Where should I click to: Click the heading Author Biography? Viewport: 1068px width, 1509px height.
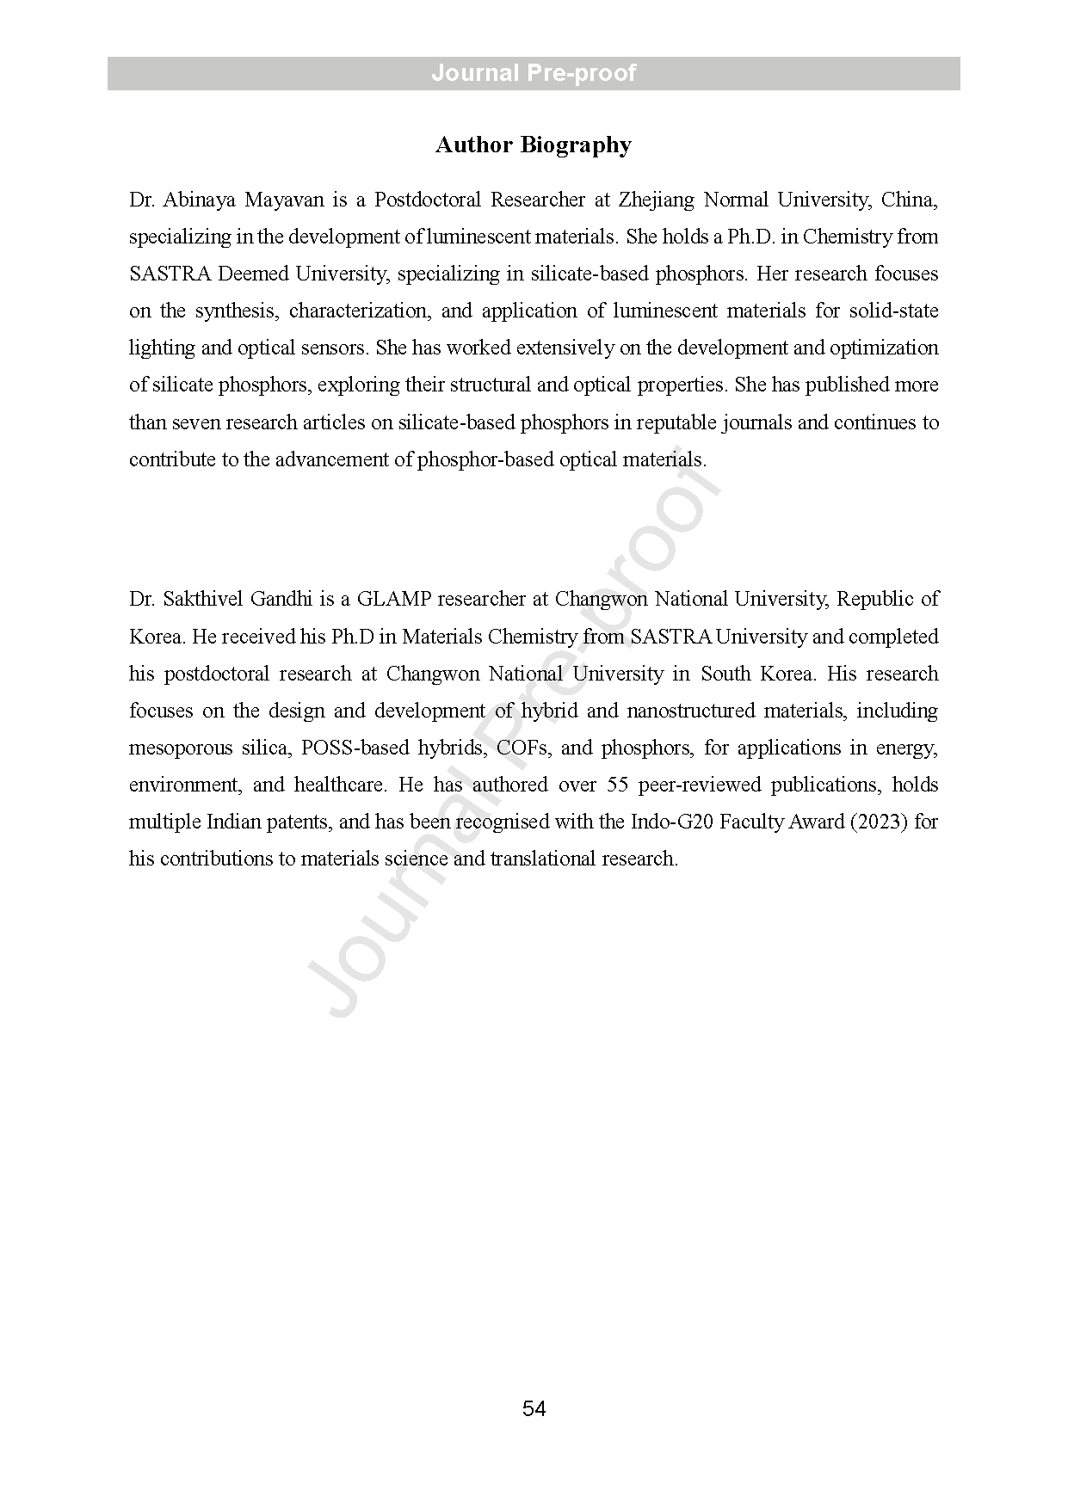(533, 145)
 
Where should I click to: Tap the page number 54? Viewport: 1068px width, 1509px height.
(534, 1408)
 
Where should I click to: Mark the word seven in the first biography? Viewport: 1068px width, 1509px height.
(195, 422)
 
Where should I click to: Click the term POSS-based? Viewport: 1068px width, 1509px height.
(355, 748)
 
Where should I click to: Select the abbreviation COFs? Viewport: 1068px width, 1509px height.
(522, 748)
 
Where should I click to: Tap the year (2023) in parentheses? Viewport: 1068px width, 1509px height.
(879, 822)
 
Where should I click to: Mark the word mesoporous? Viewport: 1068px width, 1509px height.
(179, 748)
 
